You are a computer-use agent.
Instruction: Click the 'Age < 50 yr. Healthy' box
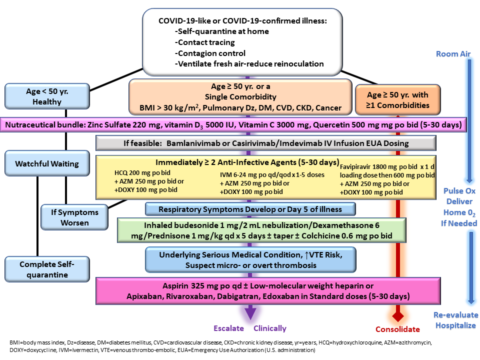click(47, 96)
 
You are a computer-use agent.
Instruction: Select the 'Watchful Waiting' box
click(47, 163)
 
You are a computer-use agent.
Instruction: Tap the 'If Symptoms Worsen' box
click(74, 217)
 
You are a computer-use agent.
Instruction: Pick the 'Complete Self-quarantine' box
click(47, 269)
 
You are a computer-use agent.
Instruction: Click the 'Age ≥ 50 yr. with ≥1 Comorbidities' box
click(397, 100)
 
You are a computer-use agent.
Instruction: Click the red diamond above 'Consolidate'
click(397, 316)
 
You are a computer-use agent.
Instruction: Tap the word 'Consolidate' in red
click(397, 329)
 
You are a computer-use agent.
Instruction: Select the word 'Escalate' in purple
click(228, 328)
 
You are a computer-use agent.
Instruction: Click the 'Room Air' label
click(453, 54)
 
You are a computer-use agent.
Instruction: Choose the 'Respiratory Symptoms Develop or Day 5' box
click(250, 209)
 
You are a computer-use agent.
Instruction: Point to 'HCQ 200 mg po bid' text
click(142, 172)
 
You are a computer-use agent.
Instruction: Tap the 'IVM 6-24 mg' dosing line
click(272, 175)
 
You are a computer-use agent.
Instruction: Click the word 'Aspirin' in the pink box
click(175, 286)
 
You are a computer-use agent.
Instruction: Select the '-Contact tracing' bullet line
click(205, 42)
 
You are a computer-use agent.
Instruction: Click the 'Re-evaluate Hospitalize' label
click(456, 320)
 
